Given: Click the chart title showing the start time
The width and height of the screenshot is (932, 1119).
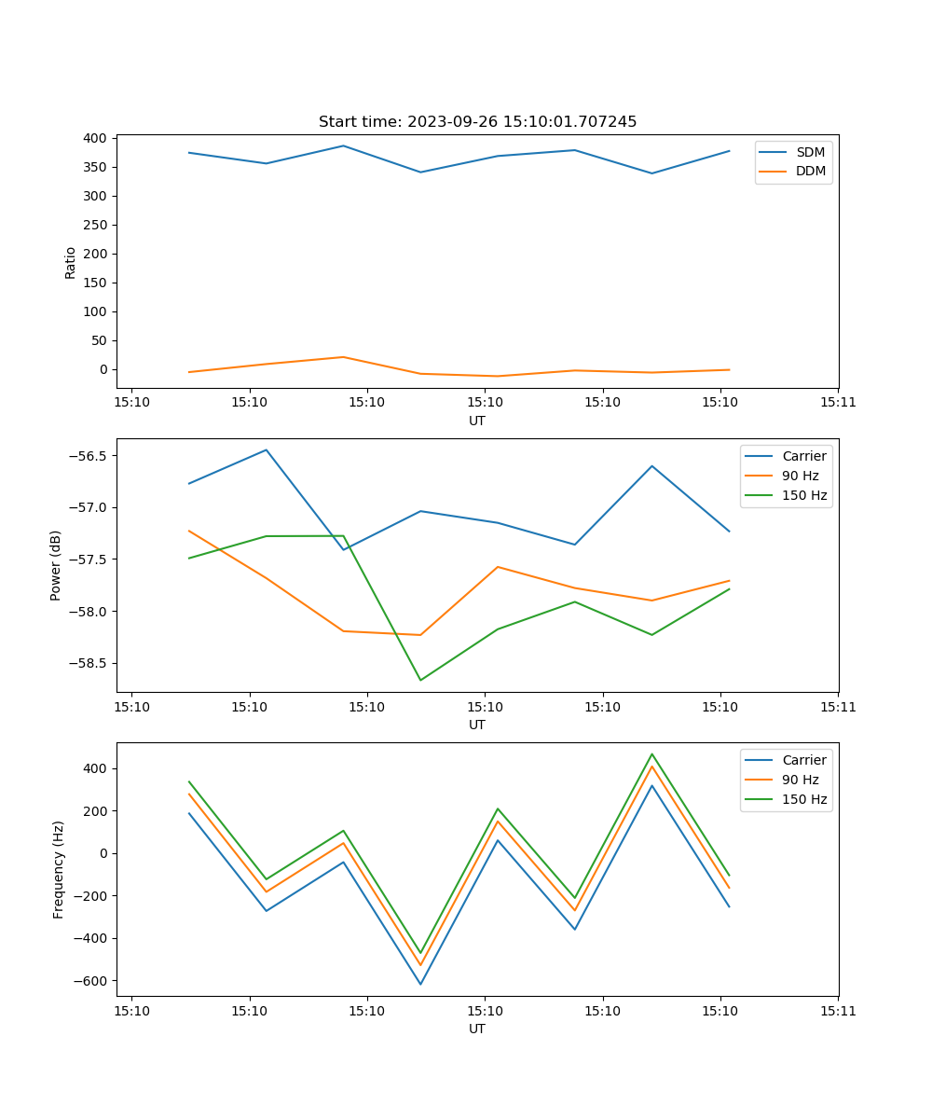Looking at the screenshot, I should (x=477, y=122).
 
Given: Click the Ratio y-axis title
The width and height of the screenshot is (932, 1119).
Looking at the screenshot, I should (x=70, y=262).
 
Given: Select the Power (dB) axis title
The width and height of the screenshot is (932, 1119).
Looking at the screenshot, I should (x=56, y=565).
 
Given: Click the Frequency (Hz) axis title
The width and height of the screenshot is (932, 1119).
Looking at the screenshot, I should (x=58, y=869).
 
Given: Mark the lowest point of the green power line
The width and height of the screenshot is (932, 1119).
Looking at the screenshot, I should (x=420, y=680).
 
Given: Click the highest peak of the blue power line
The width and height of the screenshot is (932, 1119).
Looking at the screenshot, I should (x=267, y=449).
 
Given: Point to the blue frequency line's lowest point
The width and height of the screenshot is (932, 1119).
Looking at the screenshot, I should (x=420, y=984).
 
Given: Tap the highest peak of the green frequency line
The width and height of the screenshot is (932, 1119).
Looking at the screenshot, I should (x=652, y=753).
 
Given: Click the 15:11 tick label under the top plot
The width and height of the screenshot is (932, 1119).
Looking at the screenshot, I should (x=837, y=402).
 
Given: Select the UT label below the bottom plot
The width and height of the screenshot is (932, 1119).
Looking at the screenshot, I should (x=477, y=1029).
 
